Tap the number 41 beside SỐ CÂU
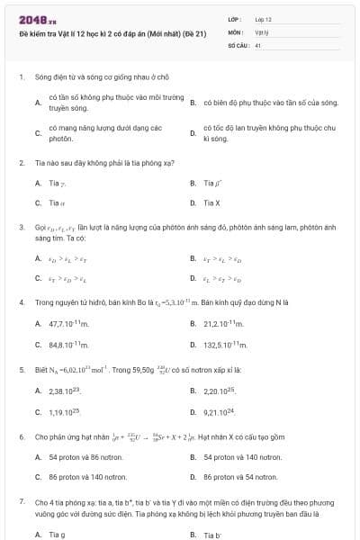click(258, 44)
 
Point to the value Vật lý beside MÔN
click(262, 31)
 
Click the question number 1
click(22, 78)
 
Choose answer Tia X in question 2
click(211, 203)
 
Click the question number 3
click(22, 228)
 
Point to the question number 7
click(22, 500)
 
